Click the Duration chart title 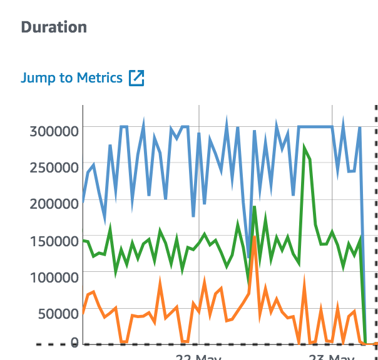click(x=54, y=27)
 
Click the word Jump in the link click(x=36, y=78)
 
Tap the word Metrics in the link click(x=100, y=78)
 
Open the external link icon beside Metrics click(x=136, y=78)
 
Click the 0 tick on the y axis click(x=74, y=342)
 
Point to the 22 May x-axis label click(x=200, y=357)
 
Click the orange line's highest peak click(x=254, y=220)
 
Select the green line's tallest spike click(x=304, y=148)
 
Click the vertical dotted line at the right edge click(x=375, y=219)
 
